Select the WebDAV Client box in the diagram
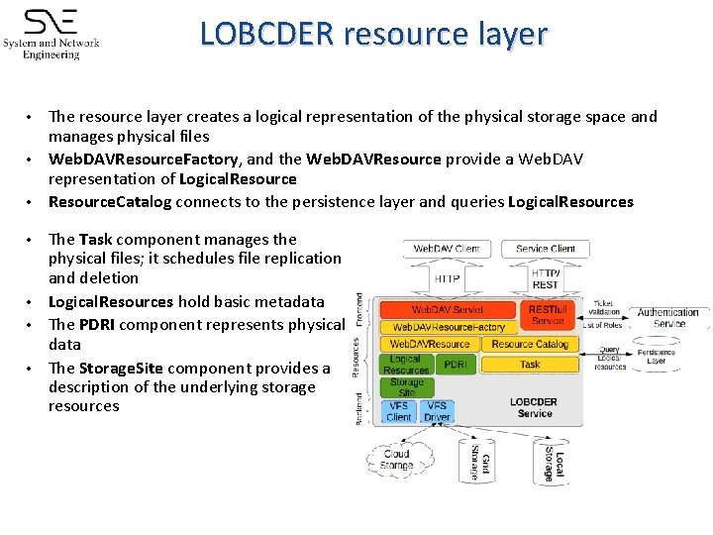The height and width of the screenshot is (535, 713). (x=447, y=248)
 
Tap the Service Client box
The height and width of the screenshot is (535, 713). (x=545, y=248)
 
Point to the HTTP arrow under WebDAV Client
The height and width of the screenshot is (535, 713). (x=447, y=279)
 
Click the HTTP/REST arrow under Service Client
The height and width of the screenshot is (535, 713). (x=546, y=279)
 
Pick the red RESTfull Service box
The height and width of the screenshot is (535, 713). (x=547, y=315)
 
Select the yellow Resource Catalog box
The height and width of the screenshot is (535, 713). (x=530, y=344)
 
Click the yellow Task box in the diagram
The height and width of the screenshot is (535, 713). (x=530, y=364)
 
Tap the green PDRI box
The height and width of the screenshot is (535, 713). (x=456, y=365)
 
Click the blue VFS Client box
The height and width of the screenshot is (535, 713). (x=399, y=411)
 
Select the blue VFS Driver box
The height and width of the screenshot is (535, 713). (x=436, y=411)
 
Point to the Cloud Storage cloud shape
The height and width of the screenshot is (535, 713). (x=396, y=459)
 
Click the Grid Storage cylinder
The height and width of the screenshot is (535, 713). (x=476, y=460)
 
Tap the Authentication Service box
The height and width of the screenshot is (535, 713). (x=668, y=318)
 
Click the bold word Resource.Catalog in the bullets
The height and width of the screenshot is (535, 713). (x=110, y=202)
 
